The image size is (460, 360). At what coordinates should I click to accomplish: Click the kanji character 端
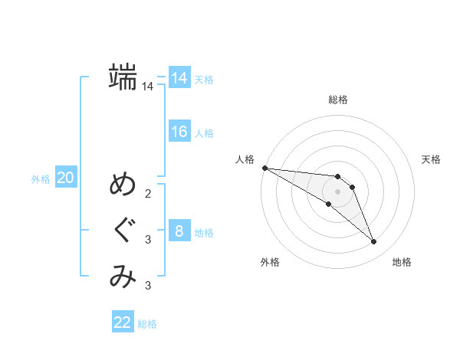pyautogui.click(x=123, y=77)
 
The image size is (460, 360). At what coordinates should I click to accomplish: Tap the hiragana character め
pyautogui.click(x=123, y=185)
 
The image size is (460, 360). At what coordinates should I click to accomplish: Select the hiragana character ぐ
pyautogui.click(x=123, y=231)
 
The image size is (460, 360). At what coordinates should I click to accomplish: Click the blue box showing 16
pyautogui.click(x=179, y=132)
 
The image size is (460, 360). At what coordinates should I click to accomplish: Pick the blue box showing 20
pyautogui.click(x=65, y=178)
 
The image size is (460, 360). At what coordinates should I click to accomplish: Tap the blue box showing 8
pyautogui.click(x=179, y=231)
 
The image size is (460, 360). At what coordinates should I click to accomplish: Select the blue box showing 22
pyautogui.click(x=123, y=322)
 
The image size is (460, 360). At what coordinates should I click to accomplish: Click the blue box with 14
pyautogui.click(x=179, y=78)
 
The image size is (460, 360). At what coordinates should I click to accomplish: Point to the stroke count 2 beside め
pyautogui.click(x=148, y=194)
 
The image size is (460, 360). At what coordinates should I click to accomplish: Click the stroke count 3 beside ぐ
pyautogui.click(x=148, y=240)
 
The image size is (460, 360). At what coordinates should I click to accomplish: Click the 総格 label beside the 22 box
pyautogui.click(x=148, y=324)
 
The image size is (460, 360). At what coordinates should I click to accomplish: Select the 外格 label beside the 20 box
pyautogui.click(x=41, y=179)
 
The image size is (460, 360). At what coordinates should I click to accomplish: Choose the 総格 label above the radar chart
pyautogui.click(x=338, y=100)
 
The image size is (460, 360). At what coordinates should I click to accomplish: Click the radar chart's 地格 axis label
pyautogui.click(x=402, y=262)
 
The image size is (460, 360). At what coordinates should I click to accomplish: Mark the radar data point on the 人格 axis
pyautogui.click(x=264, y=168)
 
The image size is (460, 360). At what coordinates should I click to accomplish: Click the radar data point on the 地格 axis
pyautogui.click(x=374, y=242)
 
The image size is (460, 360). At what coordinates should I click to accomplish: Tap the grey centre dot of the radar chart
pyautogui.click(x=338, y=191)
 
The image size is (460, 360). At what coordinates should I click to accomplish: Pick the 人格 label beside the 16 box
pyautogui.click(x=204, y=133)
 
